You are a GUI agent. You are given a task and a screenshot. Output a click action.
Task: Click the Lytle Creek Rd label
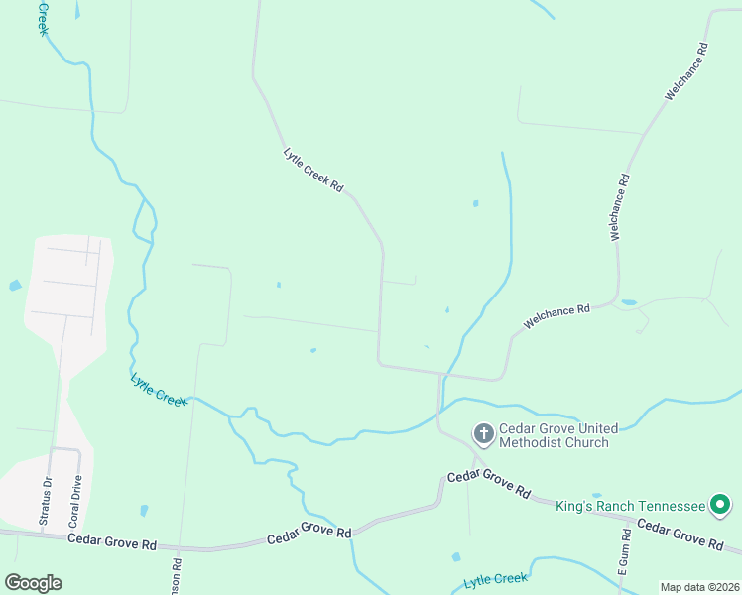[x=313, y=170]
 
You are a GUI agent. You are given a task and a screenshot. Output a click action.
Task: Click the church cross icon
[x=483, y=433]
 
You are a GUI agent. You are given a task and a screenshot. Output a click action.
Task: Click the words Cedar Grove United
[x=558, y=428]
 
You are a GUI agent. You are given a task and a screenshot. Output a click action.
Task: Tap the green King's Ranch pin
[x=721, y=506]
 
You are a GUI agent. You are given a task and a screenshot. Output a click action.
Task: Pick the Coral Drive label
[x=74, y=502]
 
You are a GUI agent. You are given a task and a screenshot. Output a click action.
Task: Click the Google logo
[x=33, y=582]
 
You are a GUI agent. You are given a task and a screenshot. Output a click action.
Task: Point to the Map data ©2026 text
[x=699, y=587]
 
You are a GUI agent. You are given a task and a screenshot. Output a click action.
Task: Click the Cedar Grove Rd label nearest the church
[x=489, y=484]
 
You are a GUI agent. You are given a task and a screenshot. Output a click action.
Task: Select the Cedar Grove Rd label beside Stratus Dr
[x=113, y=542]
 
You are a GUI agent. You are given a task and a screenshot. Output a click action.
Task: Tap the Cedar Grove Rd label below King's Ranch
[x=680, y=534]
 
